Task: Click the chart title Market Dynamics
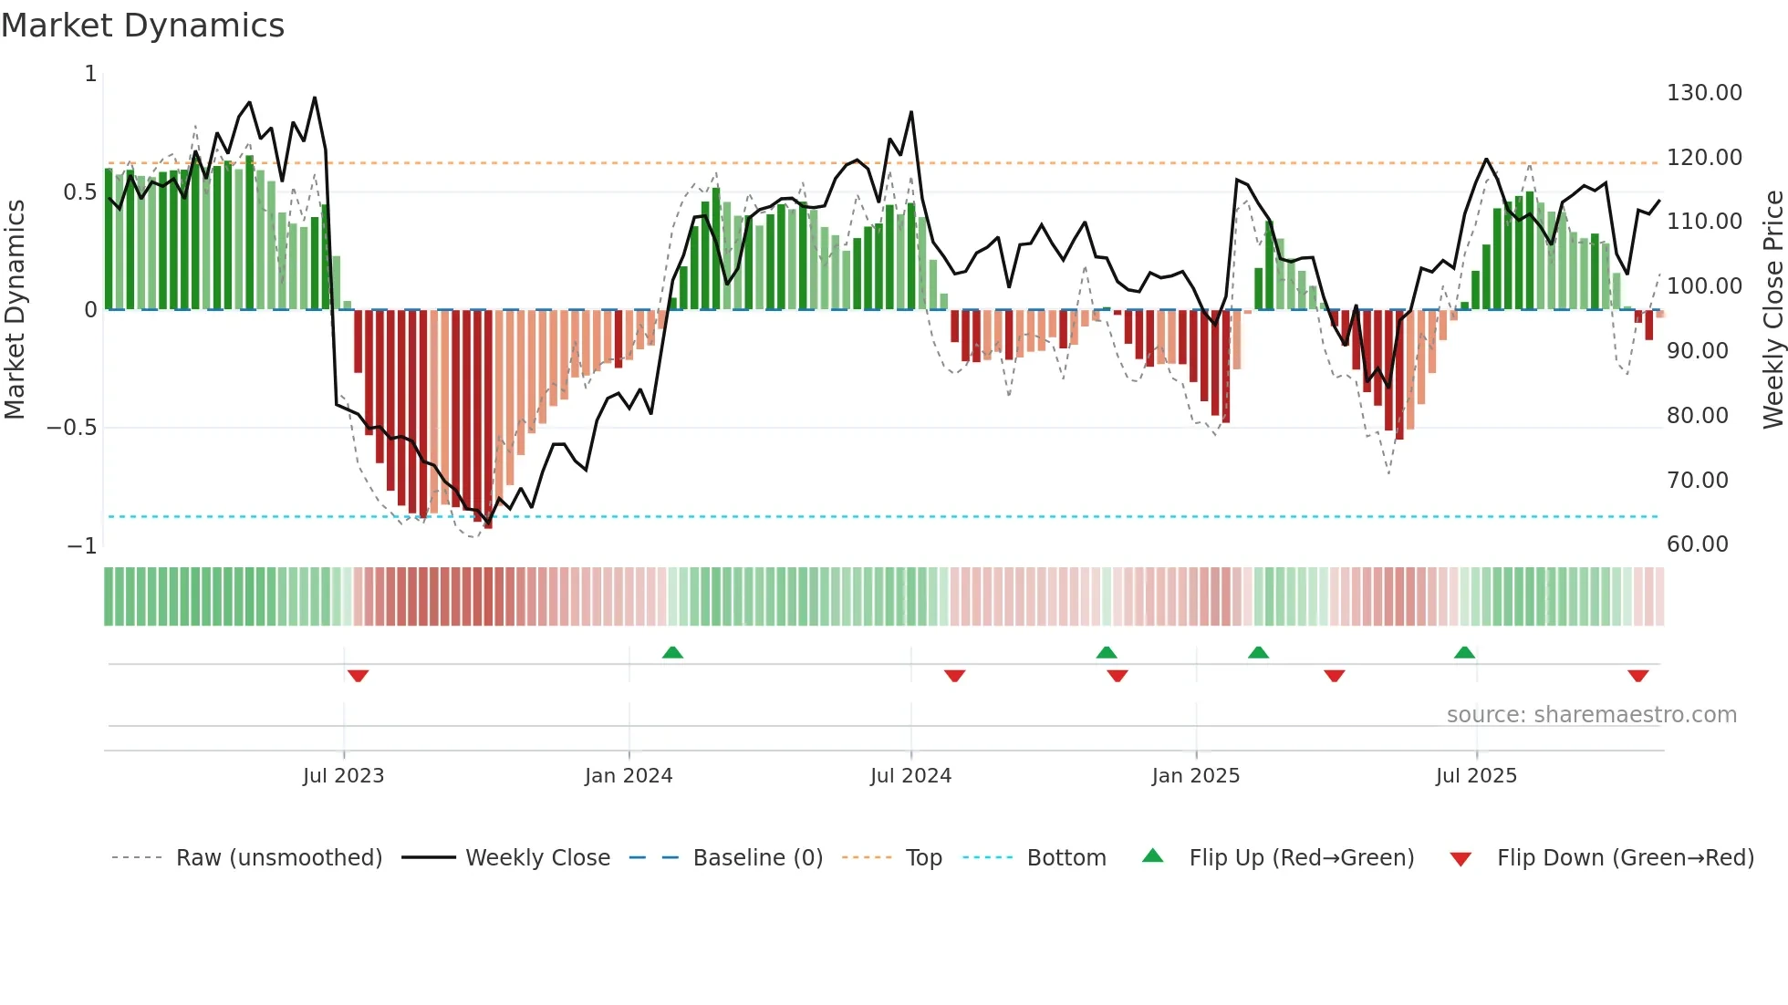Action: (x=142, y=26)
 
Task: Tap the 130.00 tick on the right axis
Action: (x=1703, y=93)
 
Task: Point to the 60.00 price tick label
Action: (x=1697, y=544)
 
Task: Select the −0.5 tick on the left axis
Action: (x=72, y=428)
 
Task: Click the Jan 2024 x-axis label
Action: (x=629, y=776)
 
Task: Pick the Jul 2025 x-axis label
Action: (x=1476, y=776)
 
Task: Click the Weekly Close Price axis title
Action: (x=1772, y=310)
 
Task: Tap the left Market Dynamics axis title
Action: (x=15, y=310)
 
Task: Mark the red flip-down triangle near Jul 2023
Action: (x=358, y=676)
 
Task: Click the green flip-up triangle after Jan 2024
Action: (x=672, y=652)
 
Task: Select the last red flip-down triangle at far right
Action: (x=1637, y=676)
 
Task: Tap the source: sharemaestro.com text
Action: (x=1591, y=715)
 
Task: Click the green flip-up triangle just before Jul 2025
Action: (x=1464, y=652)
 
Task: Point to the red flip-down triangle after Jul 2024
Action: (x=954, y=676)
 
